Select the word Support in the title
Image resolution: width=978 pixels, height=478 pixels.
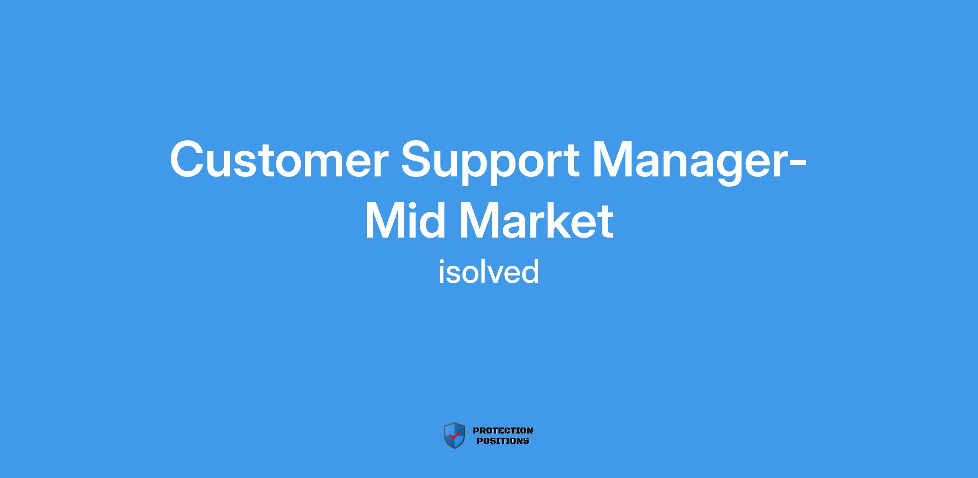point(490,163)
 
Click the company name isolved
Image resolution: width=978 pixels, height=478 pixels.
point(489,272)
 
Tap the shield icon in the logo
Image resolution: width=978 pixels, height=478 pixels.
point(454,436)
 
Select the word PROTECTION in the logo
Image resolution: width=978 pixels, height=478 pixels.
point(503,431)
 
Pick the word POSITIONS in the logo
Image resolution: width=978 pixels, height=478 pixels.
point(503,441)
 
